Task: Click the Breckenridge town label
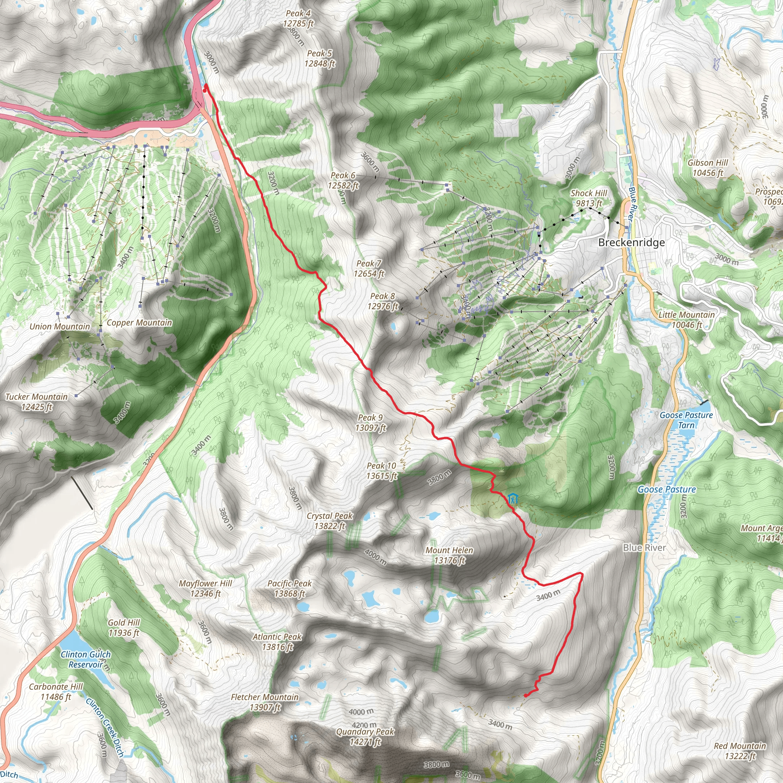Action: [632, 242]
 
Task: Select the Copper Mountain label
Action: [139, 323]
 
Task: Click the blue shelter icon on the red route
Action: [513, 498]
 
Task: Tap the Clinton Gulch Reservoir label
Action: [86, 660]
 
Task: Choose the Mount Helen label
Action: [449, 555]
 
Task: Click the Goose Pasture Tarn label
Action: [686, 420]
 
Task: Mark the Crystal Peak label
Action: [330, 521]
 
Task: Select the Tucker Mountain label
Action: [36, 401]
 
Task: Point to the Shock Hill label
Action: [588, 198]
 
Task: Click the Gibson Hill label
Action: [708, 167]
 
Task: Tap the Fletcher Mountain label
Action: [265, 702]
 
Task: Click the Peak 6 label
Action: [343, 180]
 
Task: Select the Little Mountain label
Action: [686, 319]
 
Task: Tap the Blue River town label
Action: [644, 547]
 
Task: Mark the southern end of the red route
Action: [526, 695]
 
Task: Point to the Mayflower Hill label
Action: [205, 588]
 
